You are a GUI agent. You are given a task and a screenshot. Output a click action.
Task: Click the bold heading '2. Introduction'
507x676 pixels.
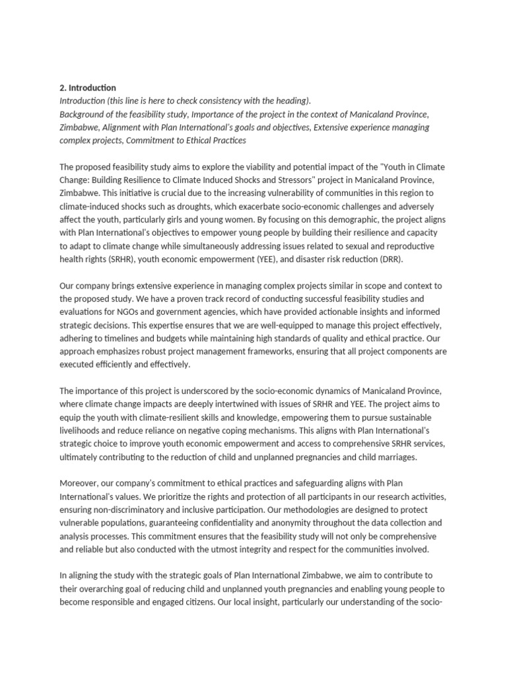[x=88, y=88]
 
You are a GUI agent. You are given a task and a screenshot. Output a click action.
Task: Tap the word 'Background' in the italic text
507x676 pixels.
[x=82, y=114]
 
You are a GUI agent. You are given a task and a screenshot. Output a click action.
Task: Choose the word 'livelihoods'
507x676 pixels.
[x=81, y=430]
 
